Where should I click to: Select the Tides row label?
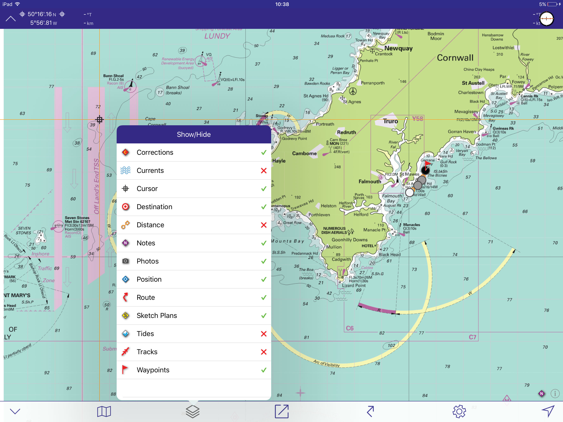pyautogui.click(x=145, y=334)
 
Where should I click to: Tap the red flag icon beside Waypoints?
pyautogui.click(x=125, y=370)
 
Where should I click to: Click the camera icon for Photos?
pyautogui.click(x=125, y=261)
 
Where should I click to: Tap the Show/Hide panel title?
pyautogui.click(x=194, y=134)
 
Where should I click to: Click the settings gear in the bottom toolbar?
pyautogui.click(x=459, y=411)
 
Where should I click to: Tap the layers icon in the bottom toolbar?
pyautogui.click(x=193, y=411)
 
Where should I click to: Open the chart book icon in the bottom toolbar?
pyautogui.click(x=104, y=411)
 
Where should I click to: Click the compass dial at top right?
pyautogui.click(x=547, y=19)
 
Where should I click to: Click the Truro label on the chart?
pyautogui.click(x=391, y=121)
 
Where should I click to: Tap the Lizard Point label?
pyautogui.click(x=354, y=286)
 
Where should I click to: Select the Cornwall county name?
pyautogui.click(x=455, y=58)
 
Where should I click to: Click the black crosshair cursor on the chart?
pyautogui.click(x=100, y=119)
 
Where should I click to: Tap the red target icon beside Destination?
pyautogui.click(x=125, y=207)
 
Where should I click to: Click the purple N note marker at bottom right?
pyautogui.click(x=541, y=394)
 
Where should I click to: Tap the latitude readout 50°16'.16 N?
pyautogui.click(x=42, y=14)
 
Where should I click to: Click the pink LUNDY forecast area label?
pyautogui.click(x=217, y=36)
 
